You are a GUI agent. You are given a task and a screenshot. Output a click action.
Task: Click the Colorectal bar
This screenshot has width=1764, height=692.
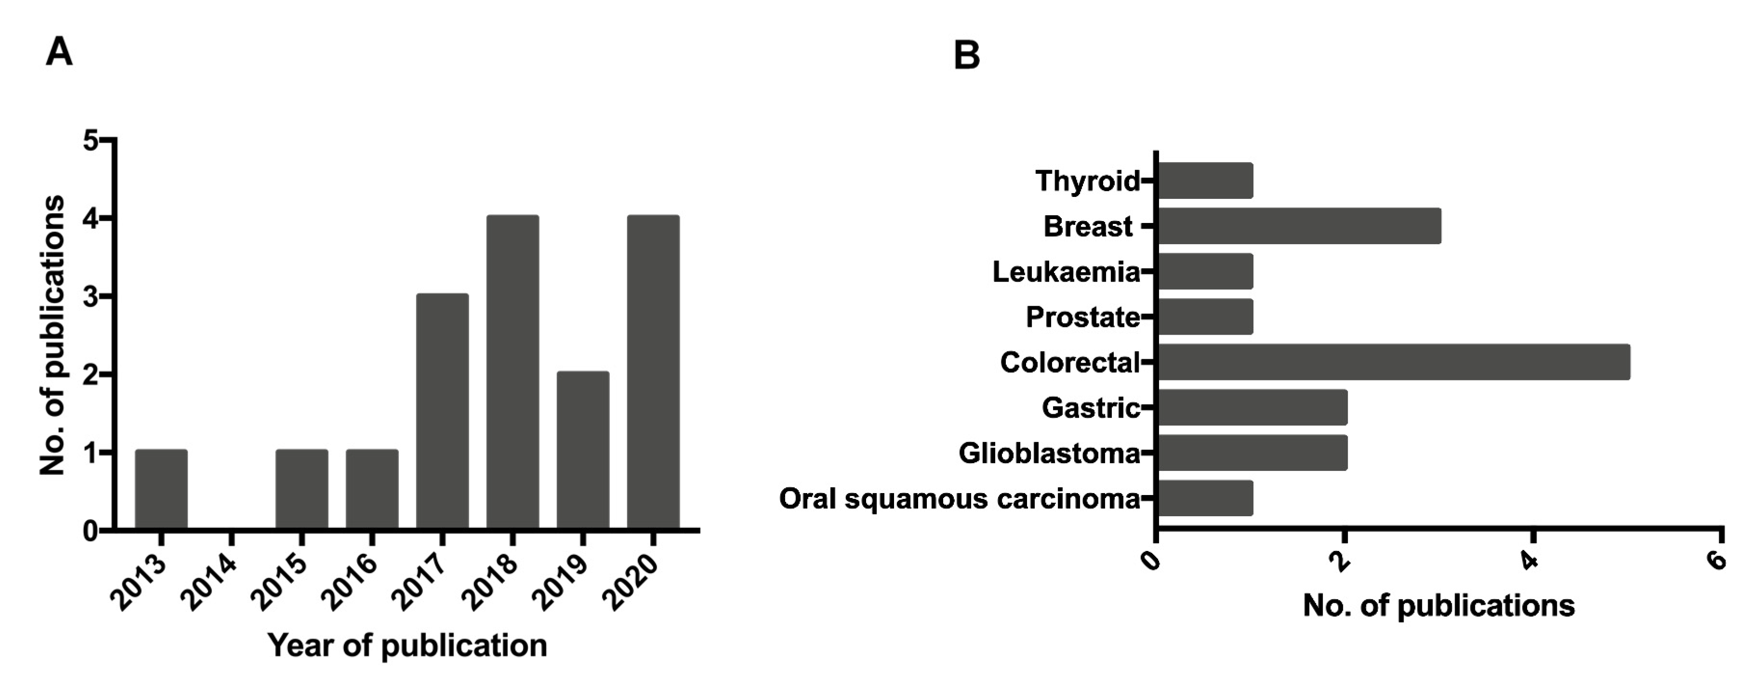1394,362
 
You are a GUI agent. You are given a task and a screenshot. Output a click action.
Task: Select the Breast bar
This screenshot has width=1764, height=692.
1299,226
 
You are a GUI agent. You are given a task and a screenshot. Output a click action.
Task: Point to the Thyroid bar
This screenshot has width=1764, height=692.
1205,181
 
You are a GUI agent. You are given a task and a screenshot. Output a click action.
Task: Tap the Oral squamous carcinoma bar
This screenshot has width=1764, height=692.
1205,498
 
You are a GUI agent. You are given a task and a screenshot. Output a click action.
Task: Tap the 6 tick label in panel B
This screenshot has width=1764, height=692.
1716,561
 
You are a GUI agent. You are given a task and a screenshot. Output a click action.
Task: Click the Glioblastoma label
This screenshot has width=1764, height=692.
1049,453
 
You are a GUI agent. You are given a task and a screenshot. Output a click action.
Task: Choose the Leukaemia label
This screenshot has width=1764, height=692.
1066,272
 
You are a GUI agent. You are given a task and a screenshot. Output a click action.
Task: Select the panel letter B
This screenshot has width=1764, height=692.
966,55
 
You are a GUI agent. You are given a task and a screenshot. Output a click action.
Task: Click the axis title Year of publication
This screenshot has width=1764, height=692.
408,645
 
